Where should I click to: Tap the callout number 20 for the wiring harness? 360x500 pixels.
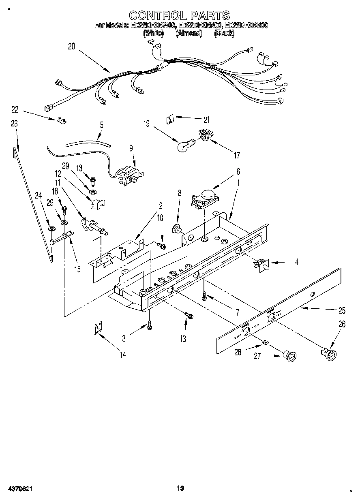pos(71,47)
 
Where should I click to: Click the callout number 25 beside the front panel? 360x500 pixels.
pos(342,311)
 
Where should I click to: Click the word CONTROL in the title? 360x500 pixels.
pos(153,15)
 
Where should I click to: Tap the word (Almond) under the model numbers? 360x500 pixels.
pos(189,34)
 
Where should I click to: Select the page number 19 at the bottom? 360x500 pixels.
pos(180,488)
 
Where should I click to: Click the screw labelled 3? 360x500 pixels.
pos(150,324)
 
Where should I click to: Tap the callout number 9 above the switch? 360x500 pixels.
pos(131,148)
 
